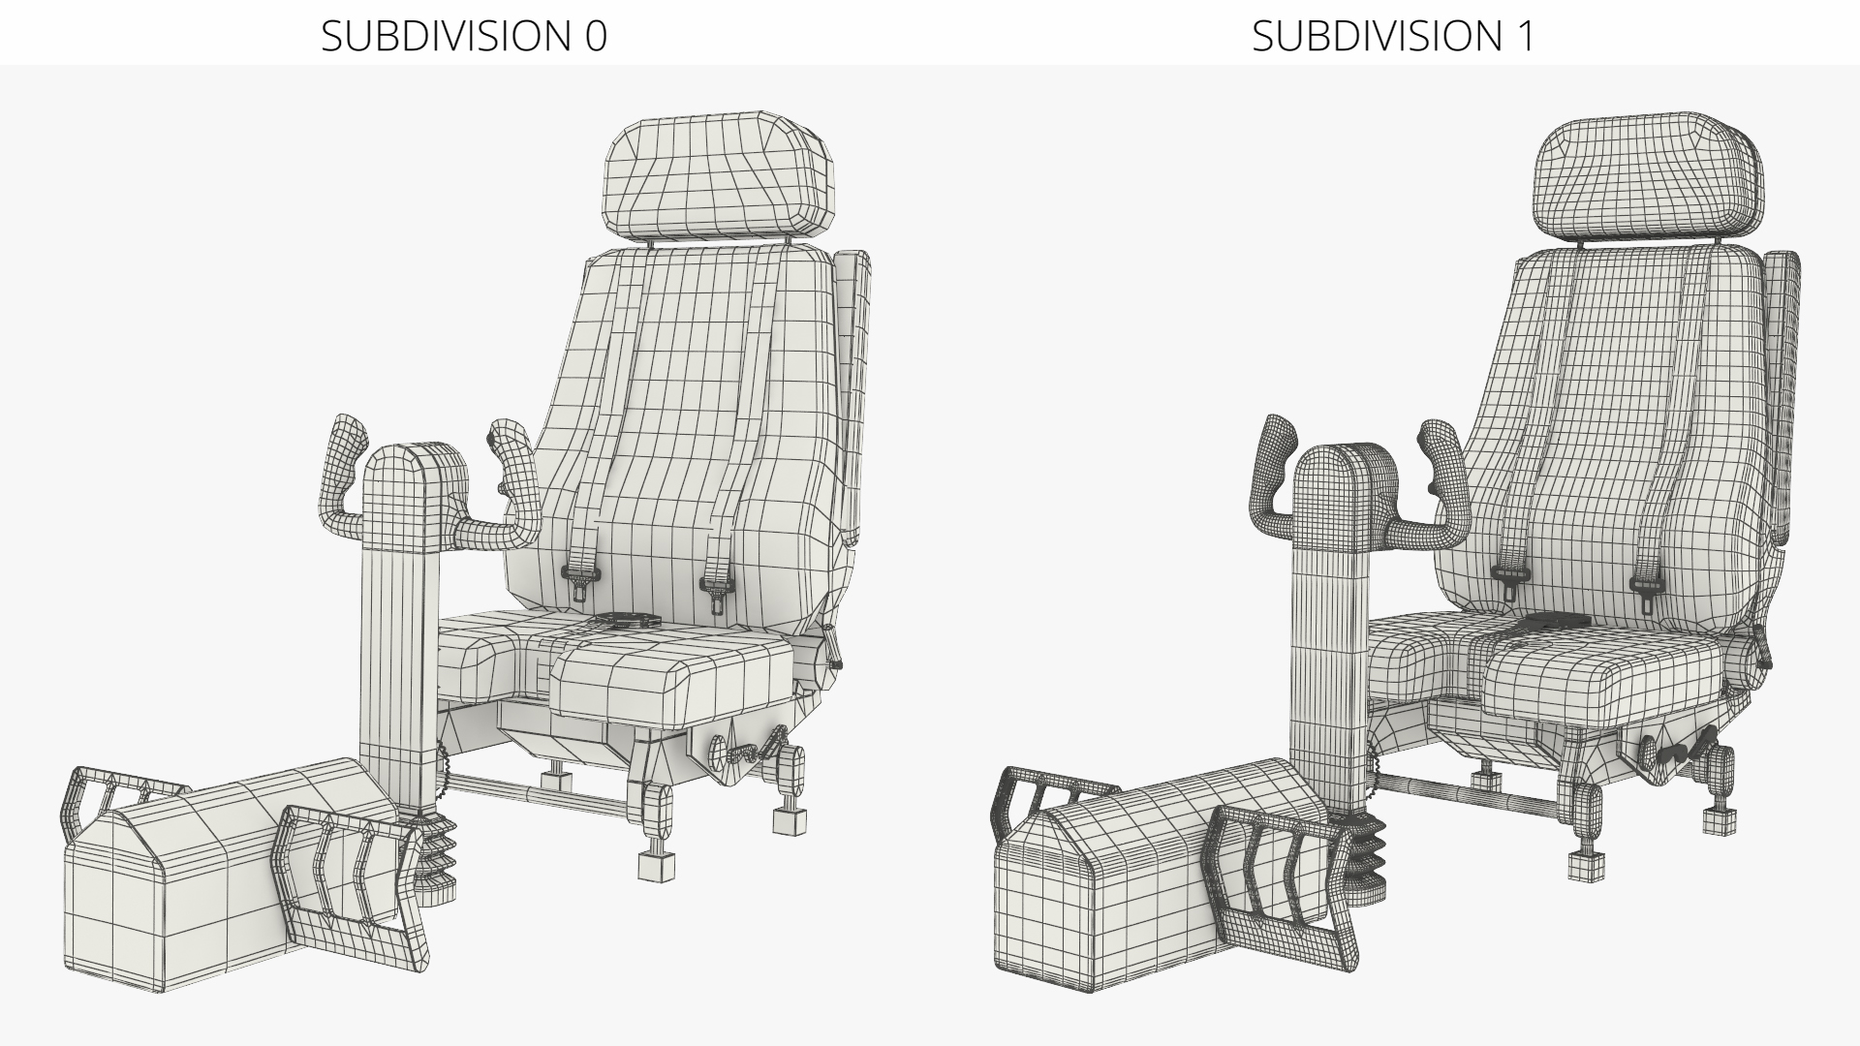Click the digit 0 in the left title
coord(595,36)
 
